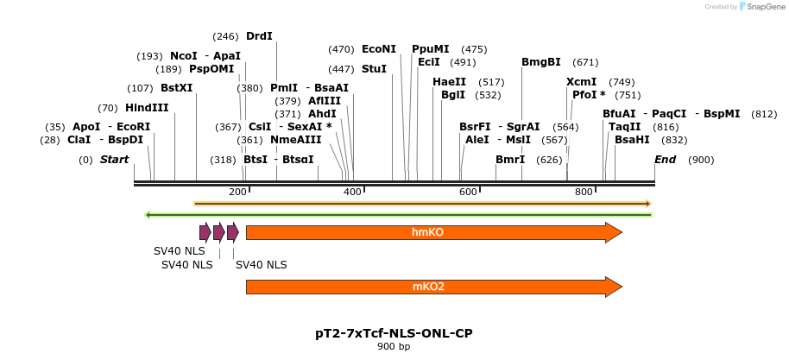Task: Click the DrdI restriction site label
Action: click(x=259, y=36)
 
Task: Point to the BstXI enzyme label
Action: click(x=176, y=88)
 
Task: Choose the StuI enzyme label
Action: click(x=374, y=68)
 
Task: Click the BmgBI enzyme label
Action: click(x=541, y=62)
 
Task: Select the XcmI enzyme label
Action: click(x=581, y=82)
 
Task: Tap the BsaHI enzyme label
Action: click(x=632, y=140)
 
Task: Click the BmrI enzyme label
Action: click(x=510, y=160)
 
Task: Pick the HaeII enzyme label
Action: click(x=449, y=82)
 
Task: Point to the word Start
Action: click(x=114, y=160)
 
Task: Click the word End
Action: click(x=665, y=160)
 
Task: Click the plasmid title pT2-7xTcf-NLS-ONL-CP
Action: click(x=394, y=333)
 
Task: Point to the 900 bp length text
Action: click(x=394, y=347)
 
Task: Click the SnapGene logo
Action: click(x=761, y=7)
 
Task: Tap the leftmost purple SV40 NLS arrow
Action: click(x=205, y=232)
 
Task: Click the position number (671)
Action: click(x=585, y=62)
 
